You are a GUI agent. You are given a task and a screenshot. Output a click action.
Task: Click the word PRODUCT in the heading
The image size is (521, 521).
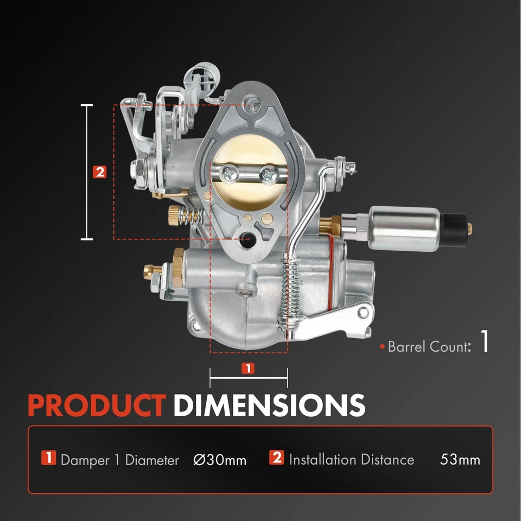click(97, 405)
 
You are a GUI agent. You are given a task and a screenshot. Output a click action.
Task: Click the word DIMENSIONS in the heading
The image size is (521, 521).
click(269, 405)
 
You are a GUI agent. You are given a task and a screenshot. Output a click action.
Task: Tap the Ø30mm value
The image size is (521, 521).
click(220, 460)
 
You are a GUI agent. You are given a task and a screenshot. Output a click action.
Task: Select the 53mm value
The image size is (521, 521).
click(460, 460)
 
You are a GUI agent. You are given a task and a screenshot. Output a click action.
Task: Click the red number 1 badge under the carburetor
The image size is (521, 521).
click(247, 368)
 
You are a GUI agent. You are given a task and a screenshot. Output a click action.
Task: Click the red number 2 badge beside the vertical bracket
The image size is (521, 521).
click(99, 172)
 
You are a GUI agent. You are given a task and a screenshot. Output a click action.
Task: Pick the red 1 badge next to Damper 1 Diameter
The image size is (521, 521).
click(49, 458)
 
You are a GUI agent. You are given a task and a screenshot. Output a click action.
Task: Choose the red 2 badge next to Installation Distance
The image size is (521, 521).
click(277, 458)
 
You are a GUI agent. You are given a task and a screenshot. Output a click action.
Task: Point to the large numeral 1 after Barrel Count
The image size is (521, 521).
click(485, 343)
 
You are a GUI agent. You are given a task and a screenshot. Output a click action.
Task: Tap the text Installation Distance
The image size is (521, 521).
click(351, 460)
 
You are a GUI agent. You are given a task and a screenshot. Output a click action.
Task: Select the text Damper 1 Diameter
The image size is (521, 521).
click(119, 460)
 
